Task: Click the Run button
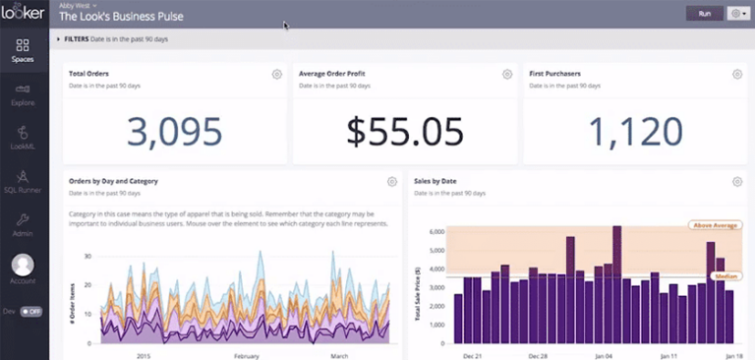click(x=704, y=14)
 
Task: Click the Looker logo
click(x=24, y=13)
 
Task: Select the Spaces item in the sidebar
click(x=24, y=49)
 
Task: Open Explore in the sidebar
click(x=24, y=94)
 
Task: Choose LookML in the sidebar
click(x=24, y=138)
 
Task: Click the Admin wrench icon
click(x=24, y=219)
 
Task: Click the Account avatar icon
click(x=23, y=265)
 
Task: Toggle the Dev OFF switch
click(x=31, y=311)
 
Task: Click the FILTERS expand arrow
click(x=58, y=38)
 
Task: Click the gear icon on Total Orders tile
click(x=277, y=74)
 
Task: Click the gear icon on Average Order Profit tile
click(x=507, y=74)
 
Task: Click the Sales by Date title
click(x=436, y=181)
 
